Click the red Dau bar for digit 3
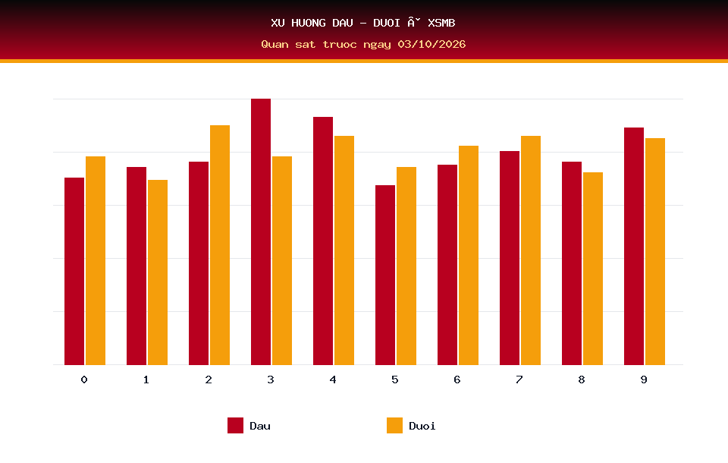[261, 231]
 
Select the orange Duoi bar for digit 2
[220, 245]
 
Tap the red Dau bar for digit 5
[385, 276]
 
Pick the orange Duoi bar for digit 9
[655, 251]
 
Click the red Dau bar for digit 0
[74, 271]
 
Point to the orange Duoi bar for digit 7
[531, 250]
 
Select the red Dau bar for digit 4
[323, 241]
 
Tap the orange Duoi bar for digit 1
[158, 272]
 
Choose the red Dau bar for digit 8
[572, 263]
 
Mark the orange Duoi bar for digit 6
[469, 255]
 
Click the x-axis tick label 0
[84, 380]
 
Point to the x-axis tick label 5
[394, 380]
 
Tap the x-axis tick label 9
[644, 380]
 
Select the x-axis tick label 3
[271, 380]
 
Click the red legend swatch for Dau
[235, 425]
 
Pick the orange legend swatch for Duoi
[394, 425]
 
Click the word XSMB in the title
[441, 23]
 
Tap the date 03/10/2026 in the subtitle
[431, 44]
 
